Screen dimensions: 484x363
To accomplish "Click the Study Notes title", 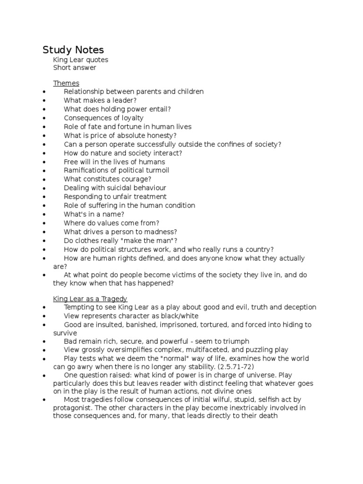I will tap(73, 50).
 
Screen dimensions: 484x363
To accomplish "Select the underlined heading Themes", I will tap(66, 83).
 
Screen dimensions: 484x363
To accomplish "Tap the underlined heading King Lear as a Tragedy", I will tap(90, 299).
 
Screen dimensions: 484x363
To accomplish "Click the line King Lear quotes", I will tap(81, 60).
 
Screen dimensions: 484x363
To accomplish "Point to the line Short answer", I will tap(75, 68).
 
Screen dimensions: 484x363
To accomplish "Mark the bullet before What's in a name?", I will tap(43, 214).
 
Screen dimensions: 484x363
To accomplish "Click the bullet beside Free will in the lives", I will tap(43, 162).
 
